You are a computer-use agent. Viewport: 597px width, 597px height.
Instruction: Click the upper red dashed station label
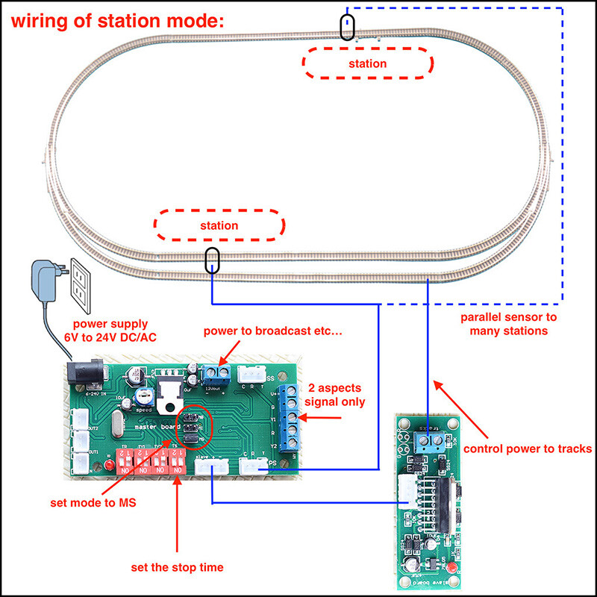point(367,63)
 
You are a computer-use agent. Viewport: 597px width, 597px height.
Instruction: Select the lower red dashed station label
point(219,225)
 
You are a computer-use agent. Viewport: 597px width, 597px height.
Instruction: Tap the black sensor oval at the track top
point(347,27)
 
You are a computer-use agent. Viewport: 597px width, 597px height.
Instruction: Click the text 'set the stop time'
point(178,567)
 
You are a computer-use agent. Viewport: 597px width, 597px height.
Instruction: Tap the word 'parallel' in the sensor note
point(477,317)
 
